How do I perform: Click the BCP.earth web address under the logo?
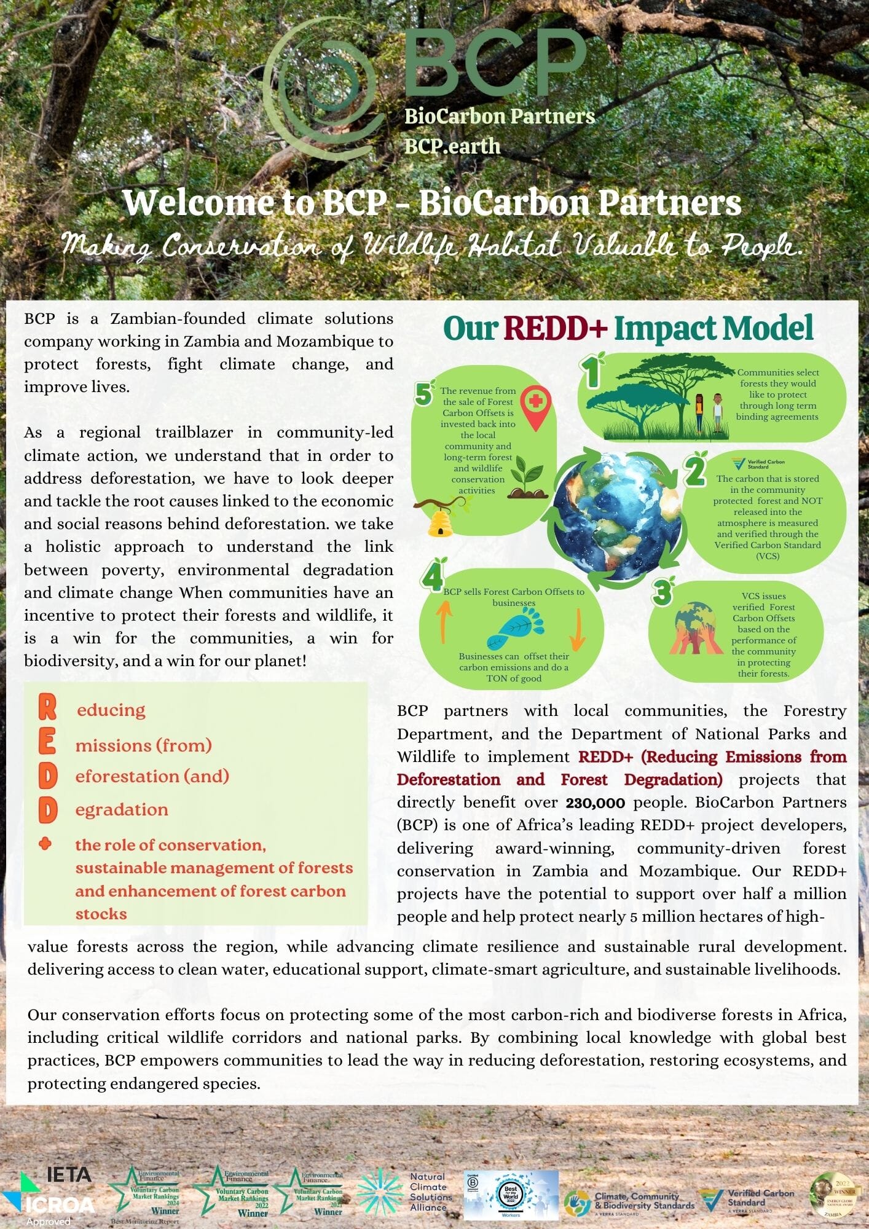coord(452,146)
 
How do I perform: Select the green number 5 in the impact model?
coord(424,394)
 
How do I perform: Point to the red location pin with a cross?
coord(536,407)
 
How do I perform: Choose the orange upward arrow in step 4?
coord(444,621)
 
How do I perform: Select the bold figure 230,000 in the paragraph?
coord(595,803)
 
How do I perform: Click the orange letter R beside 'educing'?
coord(47,707)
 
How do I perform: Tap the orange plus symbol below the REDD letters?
coord(45,844)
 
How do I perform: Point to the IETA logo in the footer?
coord(69,1174)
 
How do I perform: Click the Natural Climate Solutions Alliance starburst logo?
coord(380,1192)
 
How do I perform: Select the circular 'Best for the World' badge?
coord(511,1193)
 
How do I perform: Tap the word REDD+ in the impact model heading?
coord(555,328)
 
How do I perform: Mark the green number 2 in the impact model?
coord(695,471)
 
